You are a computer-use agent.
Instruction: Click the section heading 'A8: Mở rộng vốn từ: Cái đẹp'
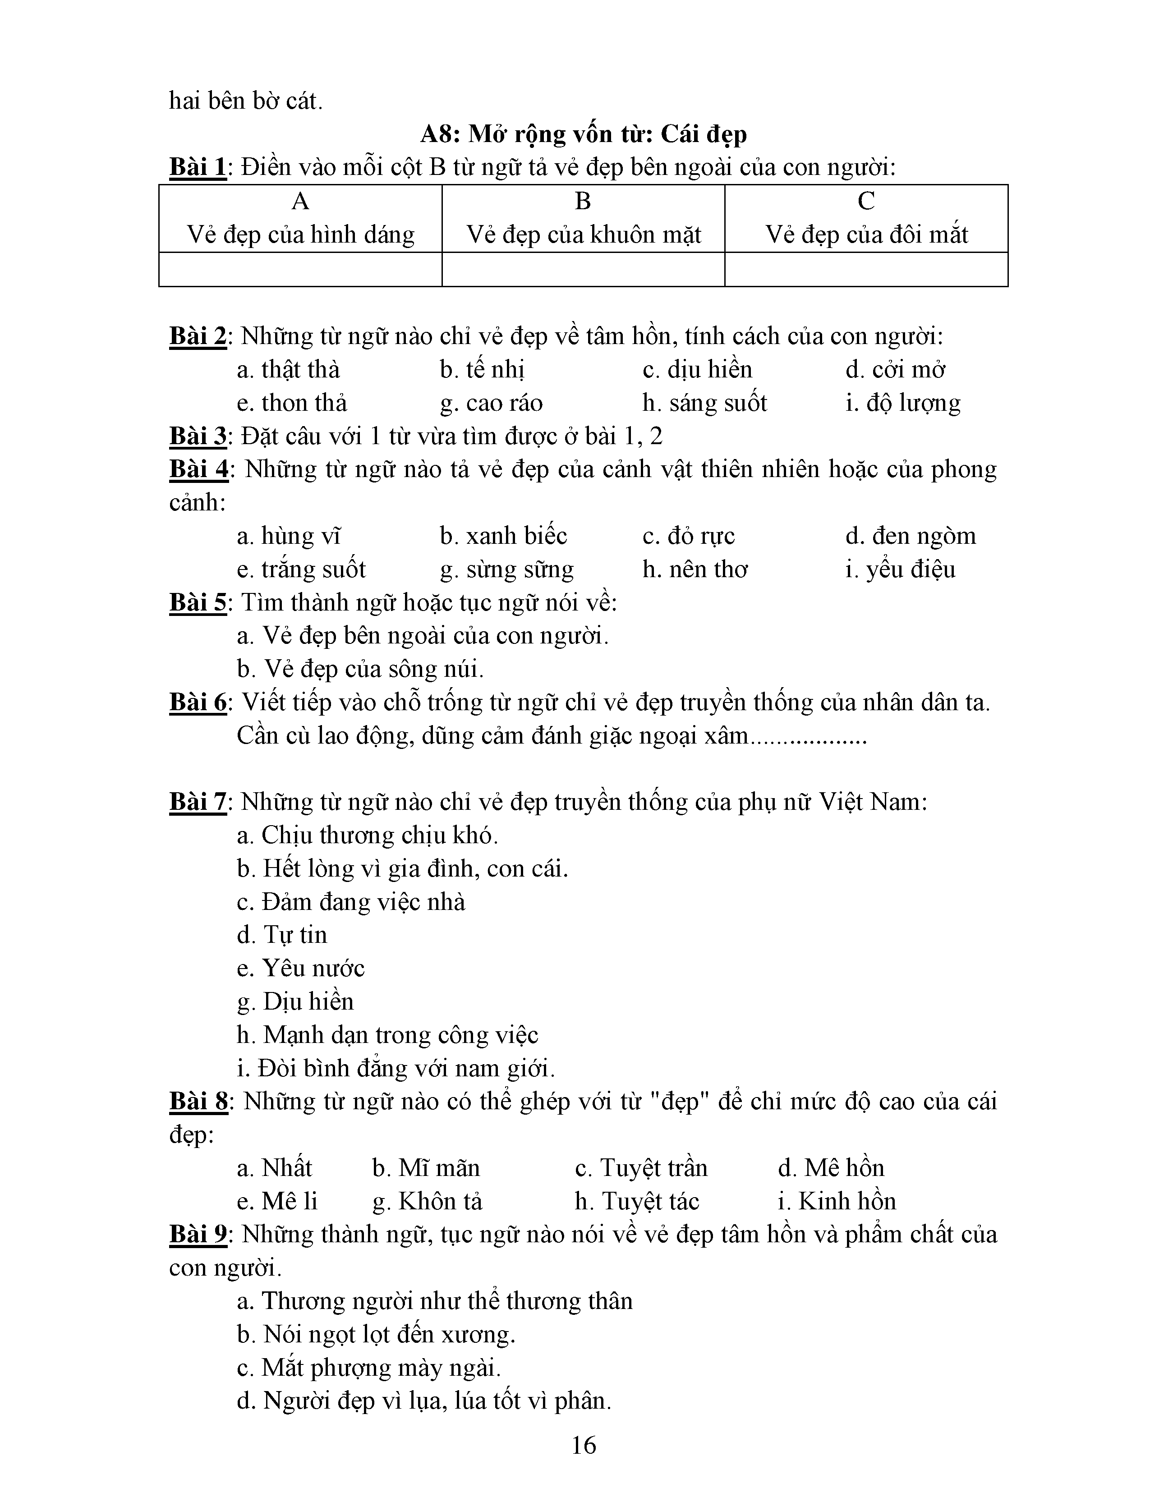coord(583,134)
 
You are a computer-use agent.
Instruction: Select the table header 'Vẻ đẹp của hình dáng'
coord(300,234)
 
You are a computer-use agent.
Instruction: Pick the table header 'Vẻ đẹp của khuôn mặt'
coord(583,234)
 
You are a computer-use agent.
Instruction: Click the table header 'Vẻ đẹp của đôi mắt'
coord(866,234)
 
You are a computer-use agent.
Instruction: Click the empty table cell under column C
coord(866,269)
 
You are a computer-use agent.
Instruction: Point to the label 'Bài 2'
coord(198,336)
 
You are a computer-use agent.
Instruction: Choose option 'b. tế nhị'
coord(482,369)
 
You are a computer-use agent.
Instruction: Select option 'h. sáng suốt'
coord(704,403)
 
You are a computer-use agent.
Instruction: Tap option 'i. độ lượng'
coord(903,403)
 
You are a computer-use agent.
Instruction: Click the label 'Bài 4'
coord(198,469)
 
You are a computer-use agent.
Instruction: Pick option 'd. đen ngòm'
coord(910,536)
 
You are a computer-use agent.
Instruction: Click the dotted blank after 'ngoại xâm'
coord(809,736)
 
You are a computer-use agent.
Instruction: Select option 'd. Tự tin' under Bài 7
coord(282,934)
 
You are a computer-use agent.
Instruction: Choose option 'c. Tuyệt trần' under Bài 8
coord(641,1168)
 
